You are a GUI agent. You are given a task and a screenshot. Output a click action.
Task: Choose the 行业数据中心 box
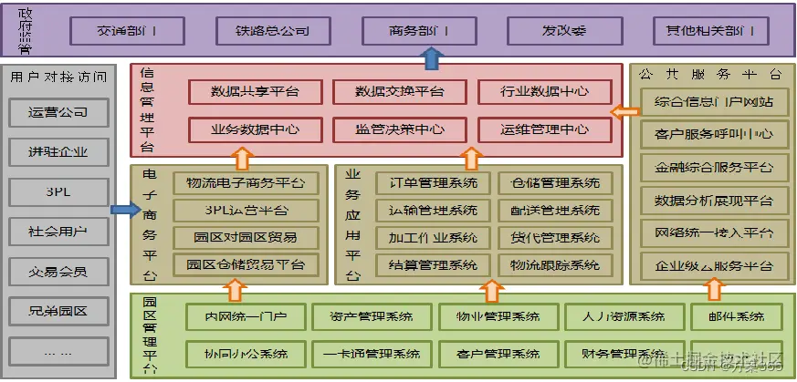(x=544, y=91)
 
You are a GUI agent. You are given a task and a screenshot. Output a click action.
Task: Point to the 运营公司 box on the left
(x=58, y=113)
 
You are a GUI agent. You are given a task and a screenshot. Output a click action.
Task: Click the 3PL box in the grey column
(x=58, y=191)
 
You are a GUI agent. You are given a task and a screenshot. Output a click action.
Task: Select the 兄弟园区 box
(x=58, y=311)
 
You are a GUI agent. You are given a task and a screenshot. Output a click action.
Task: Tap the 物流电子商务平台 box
(x=246, y=183)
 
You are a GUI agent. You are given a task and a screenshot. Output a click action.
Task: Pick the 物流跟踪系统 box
(x=556, y=265)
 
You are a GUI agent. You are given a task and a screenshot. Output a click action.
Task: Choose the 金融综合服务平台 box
(x=714, y=168)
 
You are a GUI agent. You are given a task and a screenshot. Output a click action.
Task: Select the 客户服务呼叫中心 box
(x=714, y=134)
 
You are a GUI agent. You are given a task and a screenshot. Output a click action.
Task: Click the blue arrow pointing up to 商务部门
(x=432, y=59)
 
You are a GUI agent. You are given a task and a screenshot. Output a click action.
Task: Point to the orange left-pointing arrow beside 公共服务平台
(x=624, y=112)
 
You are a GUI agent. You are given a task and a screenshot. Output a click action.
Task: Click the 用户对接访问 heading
(x=58, y=77)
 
